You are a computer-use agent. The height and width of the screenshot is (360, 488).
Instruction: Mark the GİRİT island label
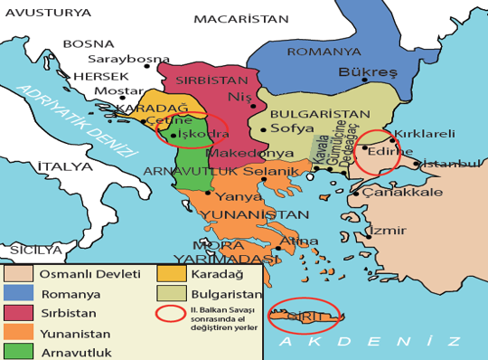(306, 313)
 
